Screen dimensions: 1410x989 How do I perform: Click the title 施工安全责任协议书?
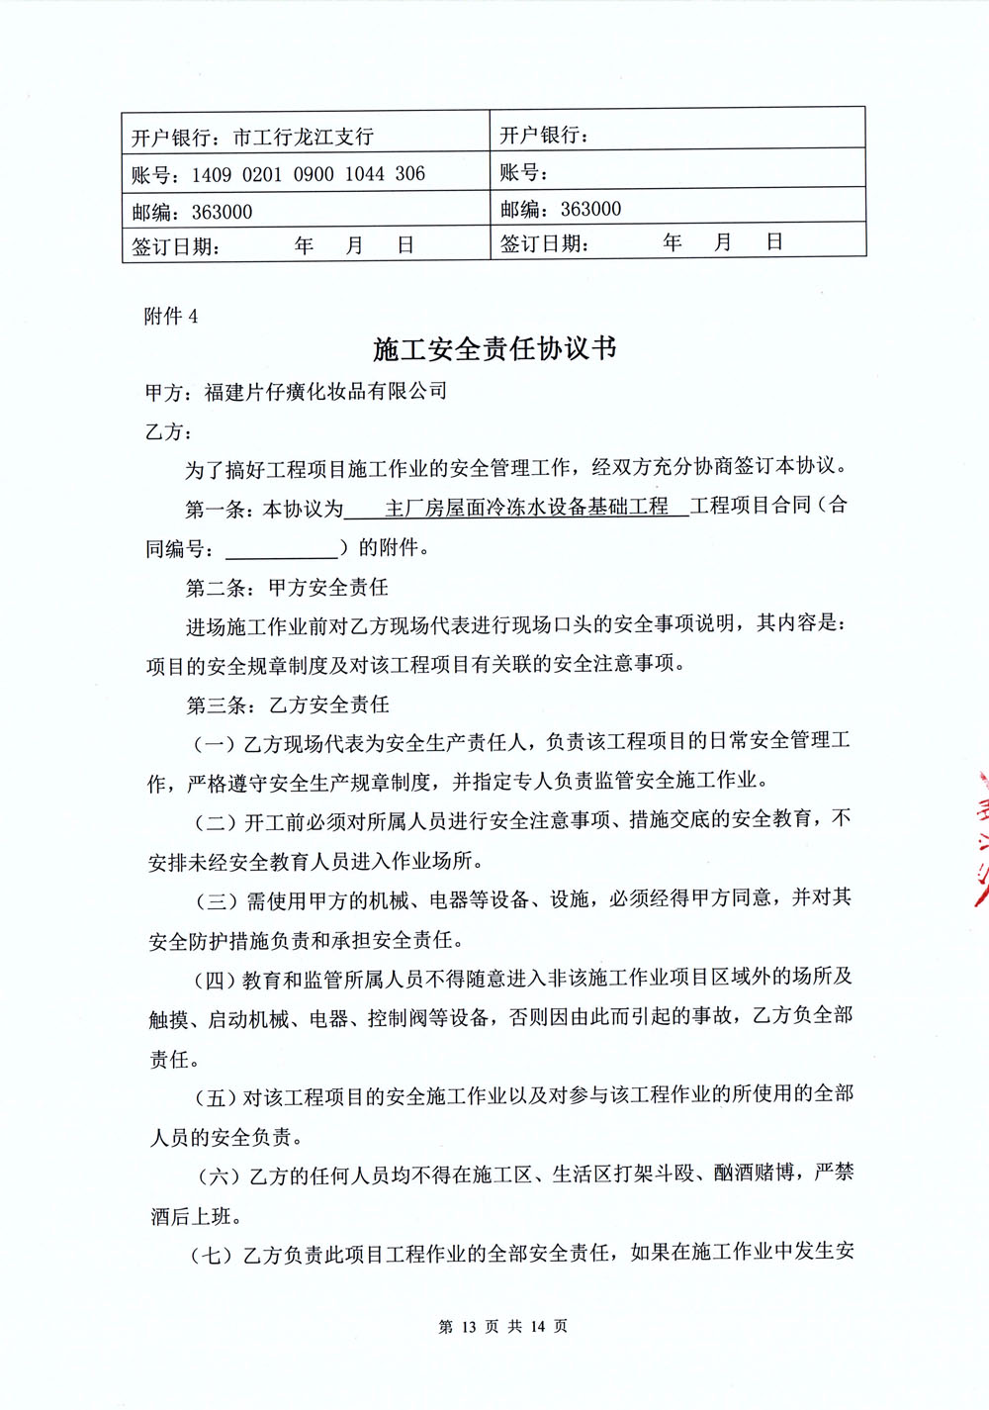pos(494,349)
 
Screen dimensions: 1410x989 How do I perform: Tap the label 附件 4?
pos(171,317)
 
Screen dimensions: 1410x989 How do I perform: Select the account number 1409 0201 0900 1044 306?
pos(309,175)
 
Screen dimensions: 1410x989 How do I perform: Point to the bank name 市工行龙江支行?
pos(303,138)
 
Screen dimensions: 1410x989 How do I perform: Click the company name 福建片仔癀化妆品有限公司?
pos(325,392)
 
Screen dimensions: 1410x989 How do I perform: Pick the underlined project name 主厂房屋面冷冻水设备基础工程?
pos(526,508)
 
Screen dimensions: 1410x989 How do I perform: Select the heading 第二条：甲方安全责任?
pos(287,588)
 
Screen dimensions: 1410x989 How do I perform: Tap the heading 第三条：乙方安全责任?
pos(288,705)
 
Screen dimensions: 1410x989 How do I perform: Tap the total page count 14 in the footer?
pos(537,1327)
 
